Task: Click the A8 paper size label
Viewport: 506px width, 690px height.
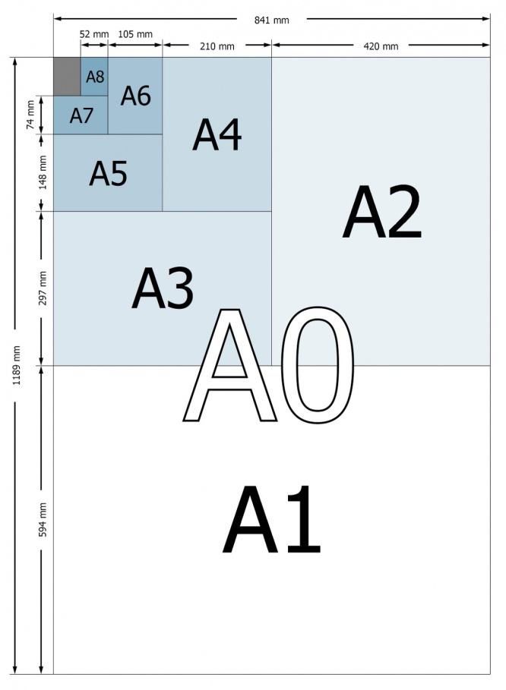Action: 95,77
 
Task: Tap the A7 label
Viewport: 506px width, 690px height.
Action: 81,115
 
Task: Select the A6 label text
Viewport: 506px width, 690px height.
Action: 136,96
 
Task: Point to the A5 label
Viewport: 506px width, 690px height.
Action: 109,173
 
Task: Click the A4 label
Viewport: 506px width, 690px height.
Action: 217,134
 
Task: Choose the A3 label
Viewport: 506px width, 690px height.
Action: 163,288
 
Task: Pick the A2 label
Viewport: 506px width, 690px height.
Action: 382,212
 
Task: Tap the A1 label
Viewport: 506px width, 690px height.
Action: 272,519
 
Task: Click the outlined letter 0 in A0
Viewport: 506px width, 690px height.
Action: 318,365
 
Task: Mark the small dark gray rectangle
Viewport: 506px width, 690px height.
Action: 67,76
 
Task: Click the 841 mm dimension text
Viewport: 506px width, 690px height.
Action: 272,20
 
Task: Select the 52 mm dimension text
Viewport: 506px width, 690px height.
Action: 94,34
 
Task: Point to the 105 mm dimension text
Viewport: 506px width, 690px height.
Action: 135,34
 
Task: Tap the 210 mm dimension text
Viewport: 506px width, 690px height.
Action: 217,46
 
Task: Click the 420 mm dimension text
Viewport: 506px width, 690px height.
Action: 381,46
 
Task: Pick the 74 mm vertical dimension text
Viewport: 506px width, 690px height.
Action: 30,115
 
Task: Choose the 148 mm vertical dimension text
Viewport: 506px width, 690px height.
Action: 43,172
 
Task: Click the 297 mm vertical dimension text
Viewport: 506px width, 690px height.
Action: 43,288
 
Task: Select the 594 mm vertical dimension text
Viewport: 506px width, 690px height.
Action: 43,520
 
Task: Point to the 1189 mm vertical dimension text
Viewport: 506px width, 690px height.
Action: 16,366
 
